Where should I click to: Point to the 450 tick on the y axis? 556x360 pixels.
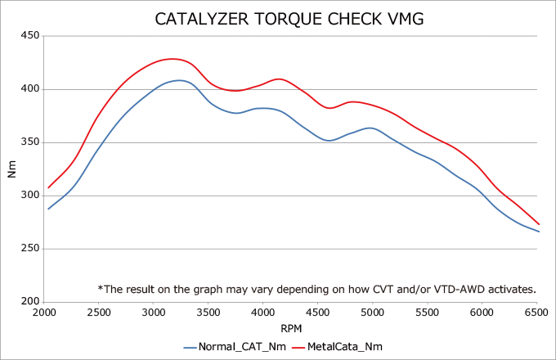30,36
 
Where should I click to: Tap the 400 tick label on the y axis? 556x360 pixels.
30,89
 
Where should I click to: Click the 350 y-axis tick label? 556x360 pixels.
30,142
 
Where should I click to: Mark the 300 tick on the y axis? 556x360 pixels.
30,196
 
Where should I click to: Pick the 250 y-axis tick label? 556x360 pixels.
30,249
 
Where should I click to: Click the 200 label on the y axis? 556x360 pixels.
30,302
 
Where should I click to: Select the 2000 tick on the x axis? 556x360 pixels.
44,313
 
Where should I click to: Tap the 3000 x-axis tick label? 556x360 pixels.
154,313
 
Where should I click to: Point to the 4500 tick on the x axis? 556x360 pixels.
318,313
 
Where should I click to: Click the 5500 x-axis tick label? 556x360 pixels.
428,313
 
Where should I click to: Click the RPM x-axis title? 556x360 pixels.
291,328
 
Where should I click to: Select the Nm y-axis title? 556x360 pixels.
11,169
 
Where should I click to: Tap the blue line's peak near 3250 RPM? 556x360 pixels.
179,80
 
